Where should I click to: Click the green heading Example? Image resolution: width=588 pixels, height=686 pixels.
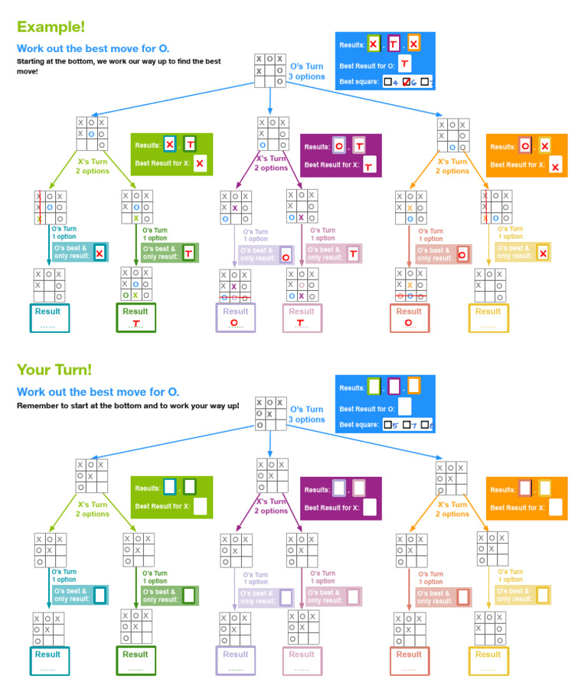pyautogui.click(x=51, y=27)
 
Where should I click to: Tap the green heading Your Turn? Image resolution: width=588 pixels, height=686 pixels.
pyautogui.click(x=54, y=369)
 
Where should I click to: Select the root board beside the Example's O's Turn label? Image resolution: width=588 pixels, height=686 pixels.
pyautogui.click(x=270, y=70)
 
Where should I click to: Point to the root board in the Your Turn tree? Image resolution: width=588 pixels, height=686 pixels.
pyautogui.click(x=270, y=413)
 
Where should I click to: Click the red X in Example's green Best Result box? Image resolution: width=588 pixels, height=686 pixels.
pyautogui.click(x=200, y=164)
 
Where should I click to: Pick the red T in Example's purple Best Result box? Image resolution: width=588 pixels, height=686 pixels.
pyautogui.click(x=368, y=165)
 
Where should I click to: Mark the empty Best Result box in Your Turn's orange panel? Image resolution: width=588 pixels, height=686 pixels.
pyautogui.click(x=556, y=507)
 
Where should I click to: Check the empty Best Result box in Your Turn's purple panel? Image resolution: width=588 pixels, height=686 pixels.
pyautogui.click(x=369, y=507)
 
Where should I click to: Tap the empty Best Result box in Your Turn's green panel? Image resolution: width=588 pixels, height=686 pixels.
pyautogui.click(x=201, y=507)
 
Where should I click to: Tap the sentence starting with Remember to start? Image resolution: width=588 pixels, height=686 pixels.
pyautogui.click(x=128, y=405)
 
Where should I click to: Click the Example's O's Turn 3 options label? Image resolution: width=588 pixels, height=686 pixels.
pyautogui.click(x=307, y=71)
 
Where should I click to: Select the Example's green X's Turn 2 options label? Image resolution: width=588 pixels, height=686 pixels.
pyautogui.click(x=91, y=166)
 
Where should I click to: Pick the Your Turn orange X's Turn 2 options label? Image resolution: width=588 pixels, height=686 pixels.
pyautogui.click(x=452, y=509)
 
